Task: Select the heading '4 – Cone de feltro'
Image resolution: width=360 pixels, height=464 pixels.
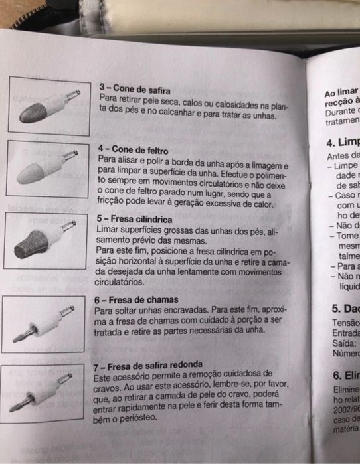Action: pos(132,151)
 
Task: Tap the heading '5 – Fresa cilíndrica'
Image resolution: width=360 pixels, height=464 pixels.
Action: pos(134,219)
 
